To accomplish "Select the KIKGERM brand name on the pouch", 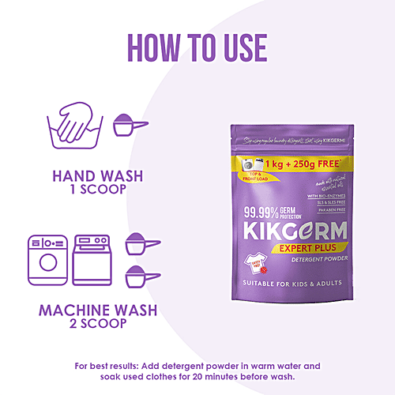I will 290,232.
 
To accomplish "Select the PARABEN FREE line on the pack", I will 335,209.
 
